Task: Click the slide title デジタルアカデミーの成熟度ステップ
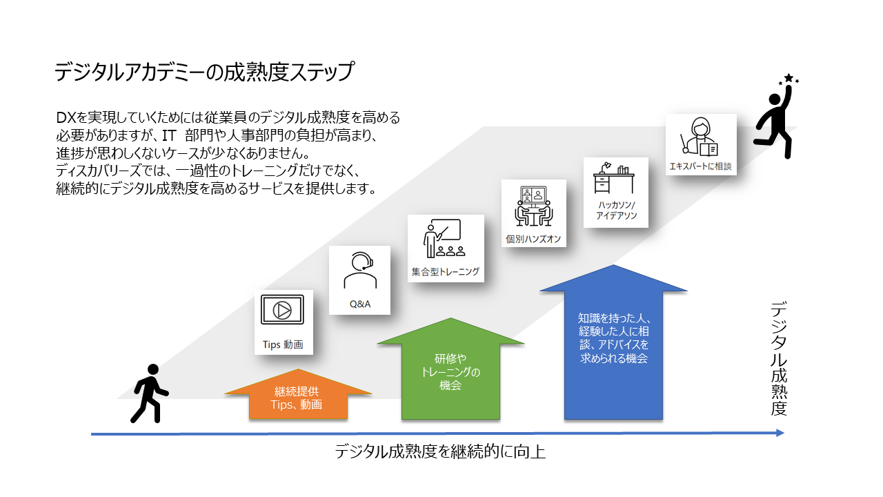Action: (x=204, y=72)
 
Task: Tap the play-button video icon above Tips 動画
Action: (x=283, y=309)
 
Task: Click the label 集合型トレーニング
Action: (x=445, y=271)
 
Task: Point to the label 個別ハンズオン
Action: (x=533, y=240)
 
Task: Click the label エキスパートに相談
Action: (x=700, y=166)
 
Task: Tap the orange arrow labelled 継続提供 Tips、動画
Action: (x=298, y=399)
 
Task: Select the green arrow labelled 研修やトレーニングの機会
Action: (x=450, y=373)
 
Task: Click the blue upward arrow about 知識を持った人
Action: (x=613, y=345)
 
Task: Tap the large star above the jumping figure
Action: (x=788, y=78)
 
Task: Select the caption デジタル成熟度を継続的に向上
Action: (x=440, y=452)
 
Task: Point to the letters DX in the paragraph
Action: (x=66, y=117)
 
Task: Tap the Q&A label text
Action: (x=359, y=304)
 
